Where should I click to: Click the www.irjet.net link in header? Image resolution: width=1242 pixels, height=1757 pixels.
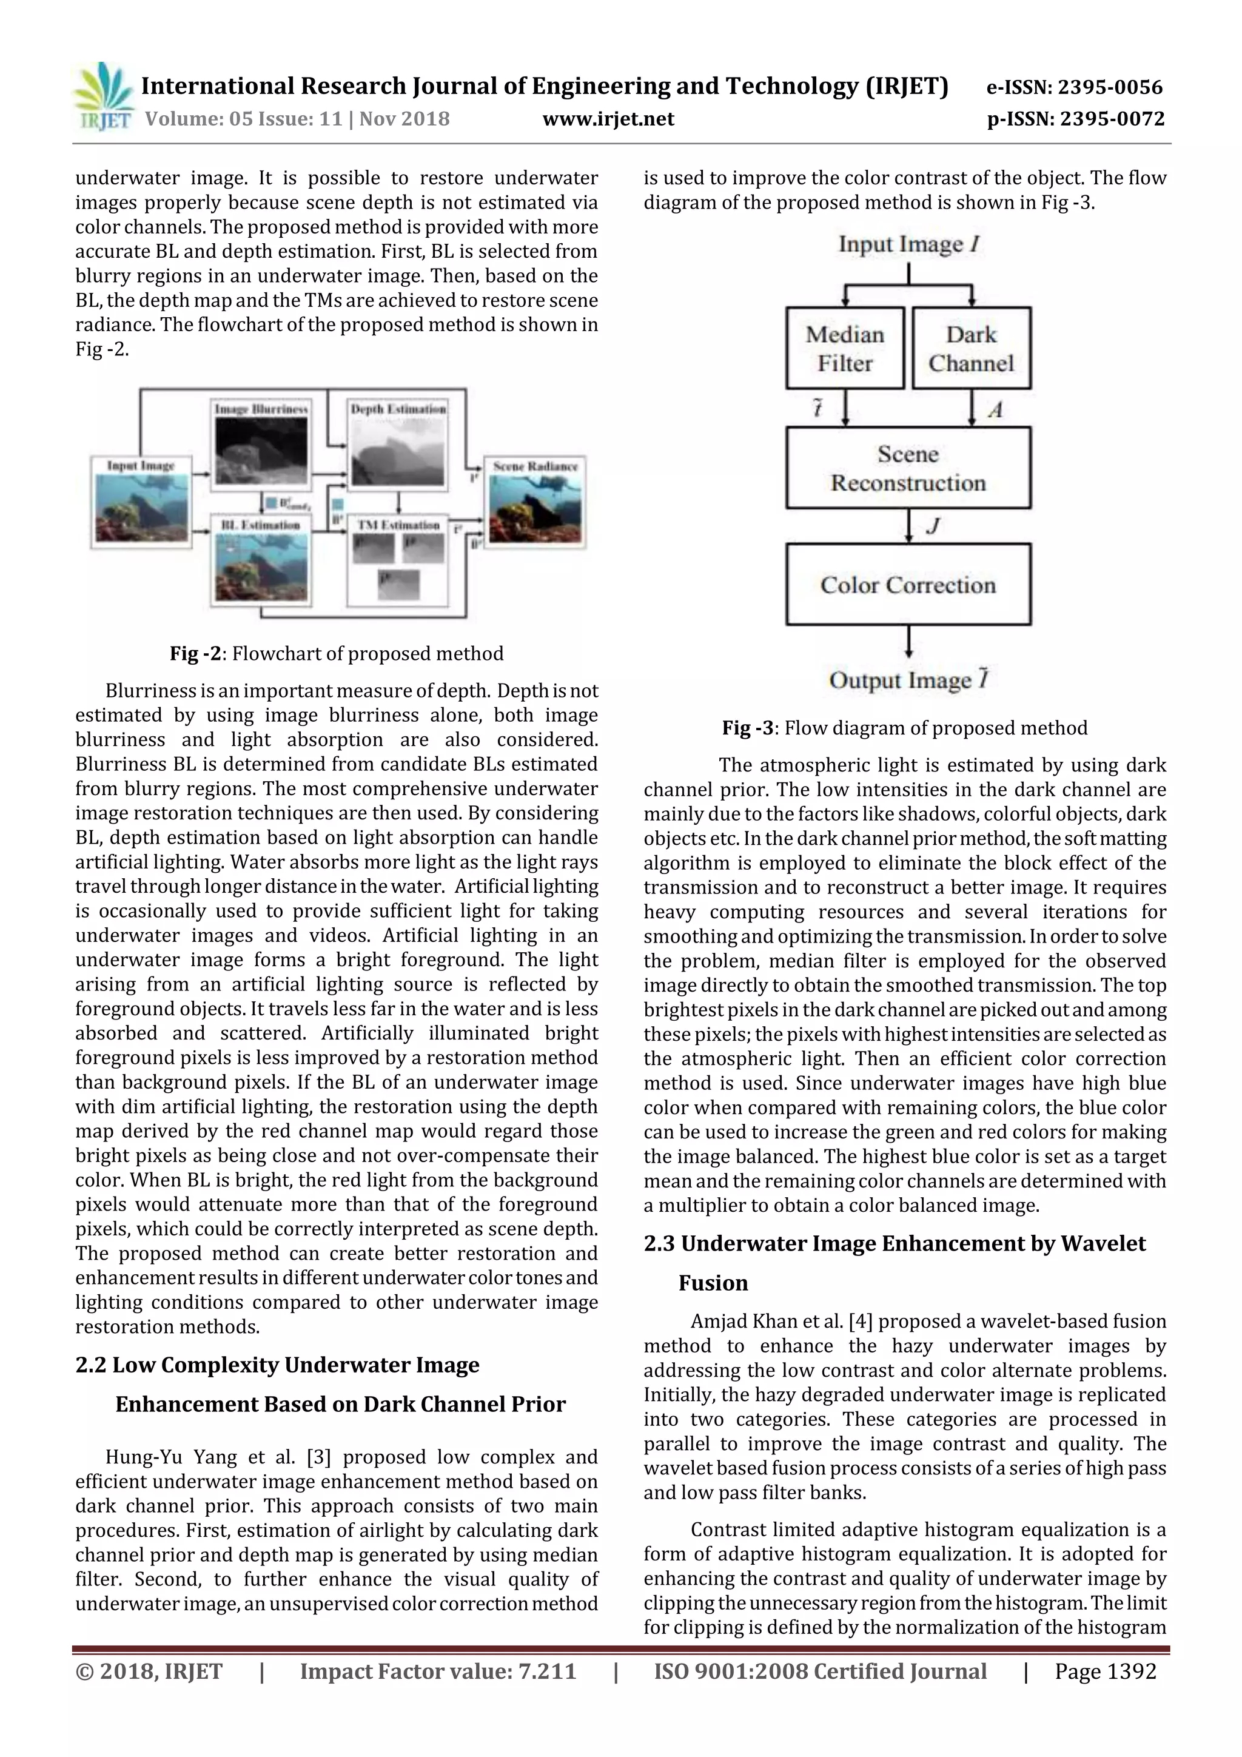pos(608,119)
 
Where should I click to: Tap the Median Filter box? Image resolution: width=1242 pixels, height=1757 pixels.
pos(844,348)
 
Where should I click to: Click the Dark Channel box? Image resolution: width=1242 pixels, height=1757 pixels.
pos(971,348)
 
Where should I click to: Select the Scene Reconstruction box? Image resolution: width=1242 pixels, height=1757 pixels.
pos(908,468)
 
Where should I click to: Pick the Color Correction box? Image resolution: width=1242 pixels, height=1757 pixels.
pos(908,585)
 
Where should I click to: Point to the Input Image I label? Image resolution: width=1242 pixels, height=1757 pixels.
pos(908,244)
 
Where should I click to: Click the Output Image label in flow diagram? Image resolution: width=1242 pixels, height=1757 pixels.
pos(908,679)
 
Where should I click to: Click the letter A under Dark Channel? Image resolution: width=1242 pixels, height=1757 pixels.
pos(995,410)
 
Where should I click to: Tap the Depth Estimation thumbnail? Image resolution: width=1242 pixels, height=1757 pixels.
pos(398,451)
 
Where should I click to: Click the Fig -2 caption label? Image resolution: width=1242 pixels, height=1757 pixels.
pos(195,654)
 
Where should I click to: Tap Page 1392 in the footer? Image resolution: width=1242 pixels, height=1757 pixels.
pos(1105,1670)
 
